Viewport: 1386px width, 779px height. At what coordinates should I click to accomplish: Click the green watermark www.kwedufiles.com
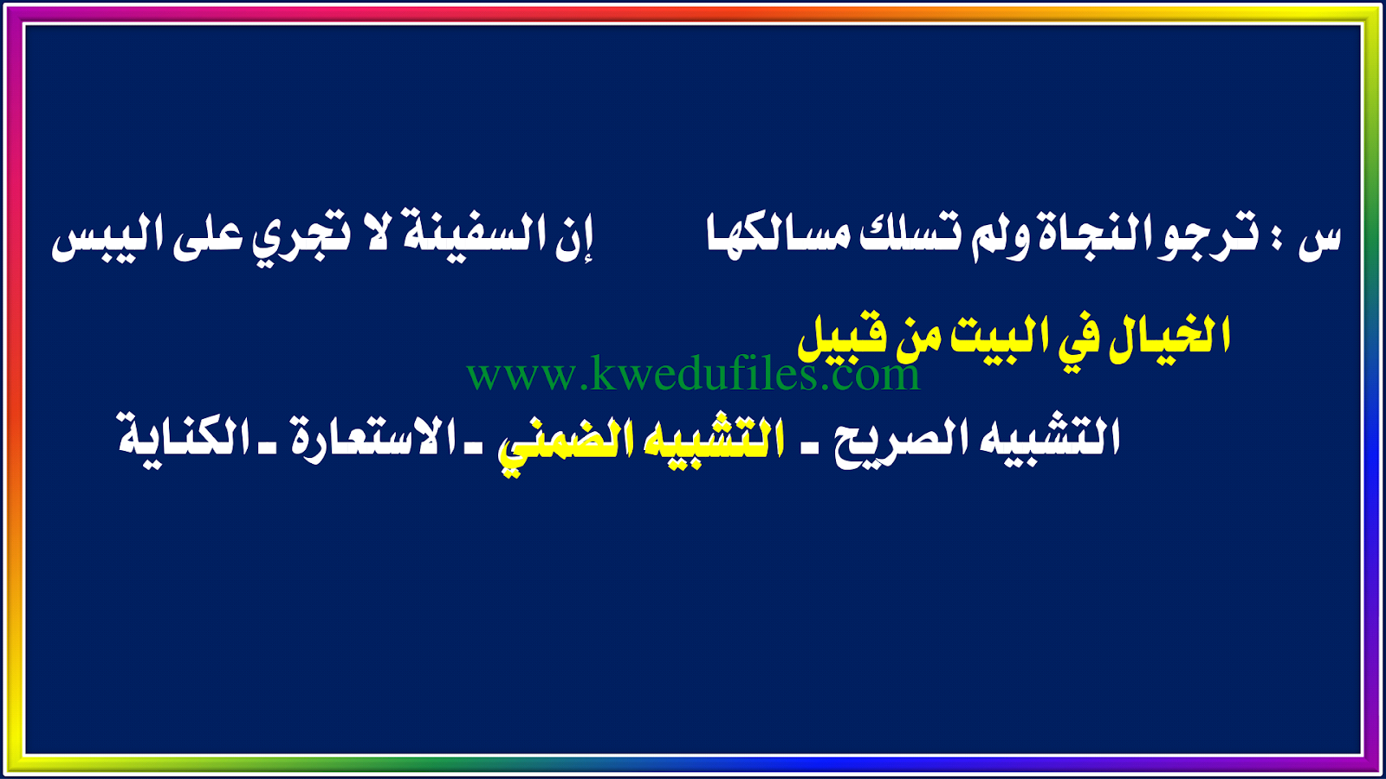click(694, 374)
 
